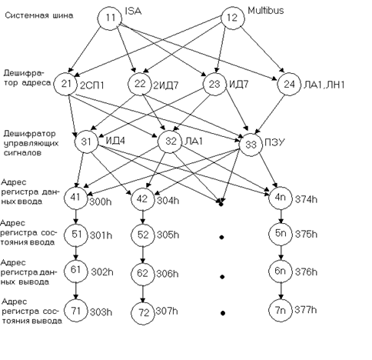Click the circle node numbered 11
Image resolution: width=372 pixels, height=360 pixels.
point(111,18)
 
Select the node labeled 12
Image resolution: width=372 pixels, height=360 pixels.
point(233,18)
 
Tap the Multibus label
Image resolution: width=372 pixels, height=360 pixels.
point(266,11)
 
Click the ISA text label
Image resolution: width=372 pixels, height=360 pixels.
point(133,11)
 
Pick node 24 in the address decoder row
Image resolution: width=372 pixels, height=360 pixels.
point(289,84)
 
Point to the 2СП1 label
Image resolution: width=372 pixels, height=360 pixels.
point(92,85)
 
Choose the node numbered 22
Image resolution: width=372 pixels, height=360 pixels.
point(140,84)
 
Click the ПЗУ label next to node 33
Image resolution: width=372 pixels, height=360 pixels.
point(274,142)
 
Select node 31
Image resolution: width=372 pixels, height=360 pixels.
point(86,142)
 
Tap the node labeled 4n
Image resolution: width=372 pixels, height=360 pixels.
point(281,198)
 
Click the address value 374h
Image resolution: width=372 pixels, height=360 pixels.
point(306,199)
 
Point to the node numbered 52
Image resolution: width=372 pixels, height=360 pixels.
point(143,235)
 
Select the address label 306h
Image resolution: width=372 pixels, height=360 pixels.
point(168,274)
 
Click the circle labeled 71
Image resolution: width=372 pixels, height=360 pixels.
point(75,311)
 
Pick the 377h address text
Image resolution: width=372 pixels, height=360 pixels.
point(306,310)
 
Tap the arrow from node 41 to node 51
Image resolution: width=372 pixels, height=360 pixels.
point(75,216)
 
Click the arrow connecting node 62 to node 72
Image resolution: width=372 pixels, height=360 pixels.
point(143,294)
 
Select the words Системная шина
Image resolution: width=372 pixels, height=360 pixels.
point(39,15)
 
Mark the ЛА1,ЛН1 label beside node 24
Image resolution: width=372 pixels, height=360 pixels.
point(324,85)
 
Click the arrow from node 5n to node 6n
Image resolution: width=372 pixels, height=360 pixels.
point(281,252)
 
